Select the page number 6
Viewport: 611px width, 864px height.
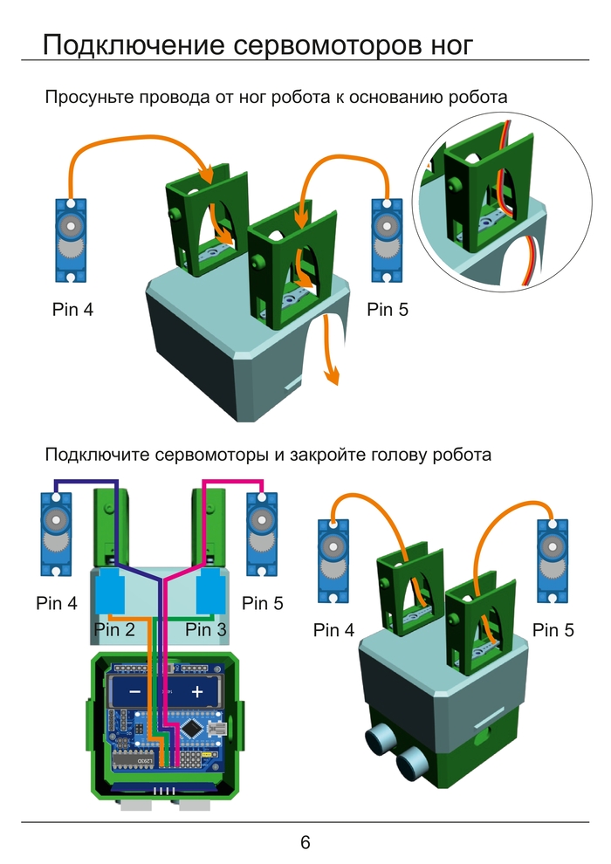(x=305, y=842)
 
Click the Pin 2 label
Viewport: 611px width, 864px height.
(x=114, y=629)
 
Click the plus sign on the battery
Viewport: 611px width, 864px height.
(x=197, y=691)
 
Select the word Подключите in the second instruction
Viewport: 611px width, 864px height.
(x=97, y=455)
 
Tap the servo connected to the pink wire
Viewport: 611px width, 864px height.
(x=260, y=533)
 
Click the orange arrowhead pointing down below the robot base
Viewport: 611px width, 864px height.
(x=332, y=374)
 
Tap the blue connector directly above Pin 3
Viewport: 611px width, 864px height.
(x=210, y=594)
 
